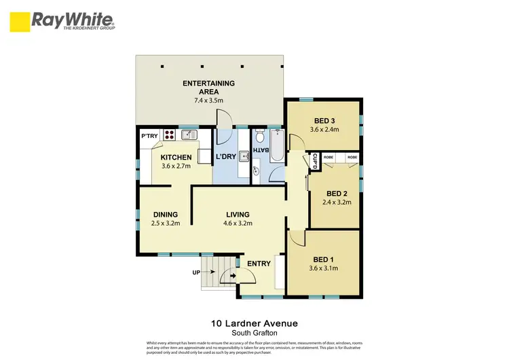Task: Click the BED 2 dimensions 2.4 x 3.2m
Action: [x=335, y=202]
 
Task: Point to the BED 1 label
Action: [x=323, y=259]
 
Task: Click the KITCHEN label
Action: [x=176, y=158]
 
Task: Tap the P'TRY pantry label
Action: [x=149, y=136]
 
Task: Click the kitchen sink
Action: [x=188, y=135]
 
